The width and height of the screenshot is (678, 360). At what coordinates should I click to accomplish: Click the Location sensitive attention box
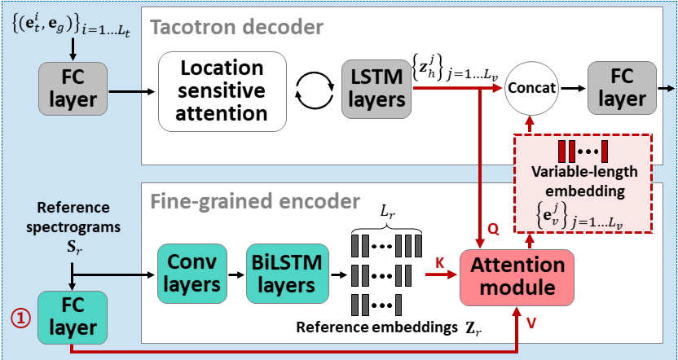(x=222, y=90)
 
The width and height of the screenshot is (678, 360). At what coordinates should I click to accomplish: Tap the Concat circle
(x=531, y=87)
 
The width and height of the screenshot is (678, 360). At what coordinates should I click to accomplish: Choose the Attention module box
(x=517, y=276)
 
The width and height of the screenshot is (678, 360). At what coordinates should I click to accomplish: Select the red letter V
(x=531, y=322)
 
